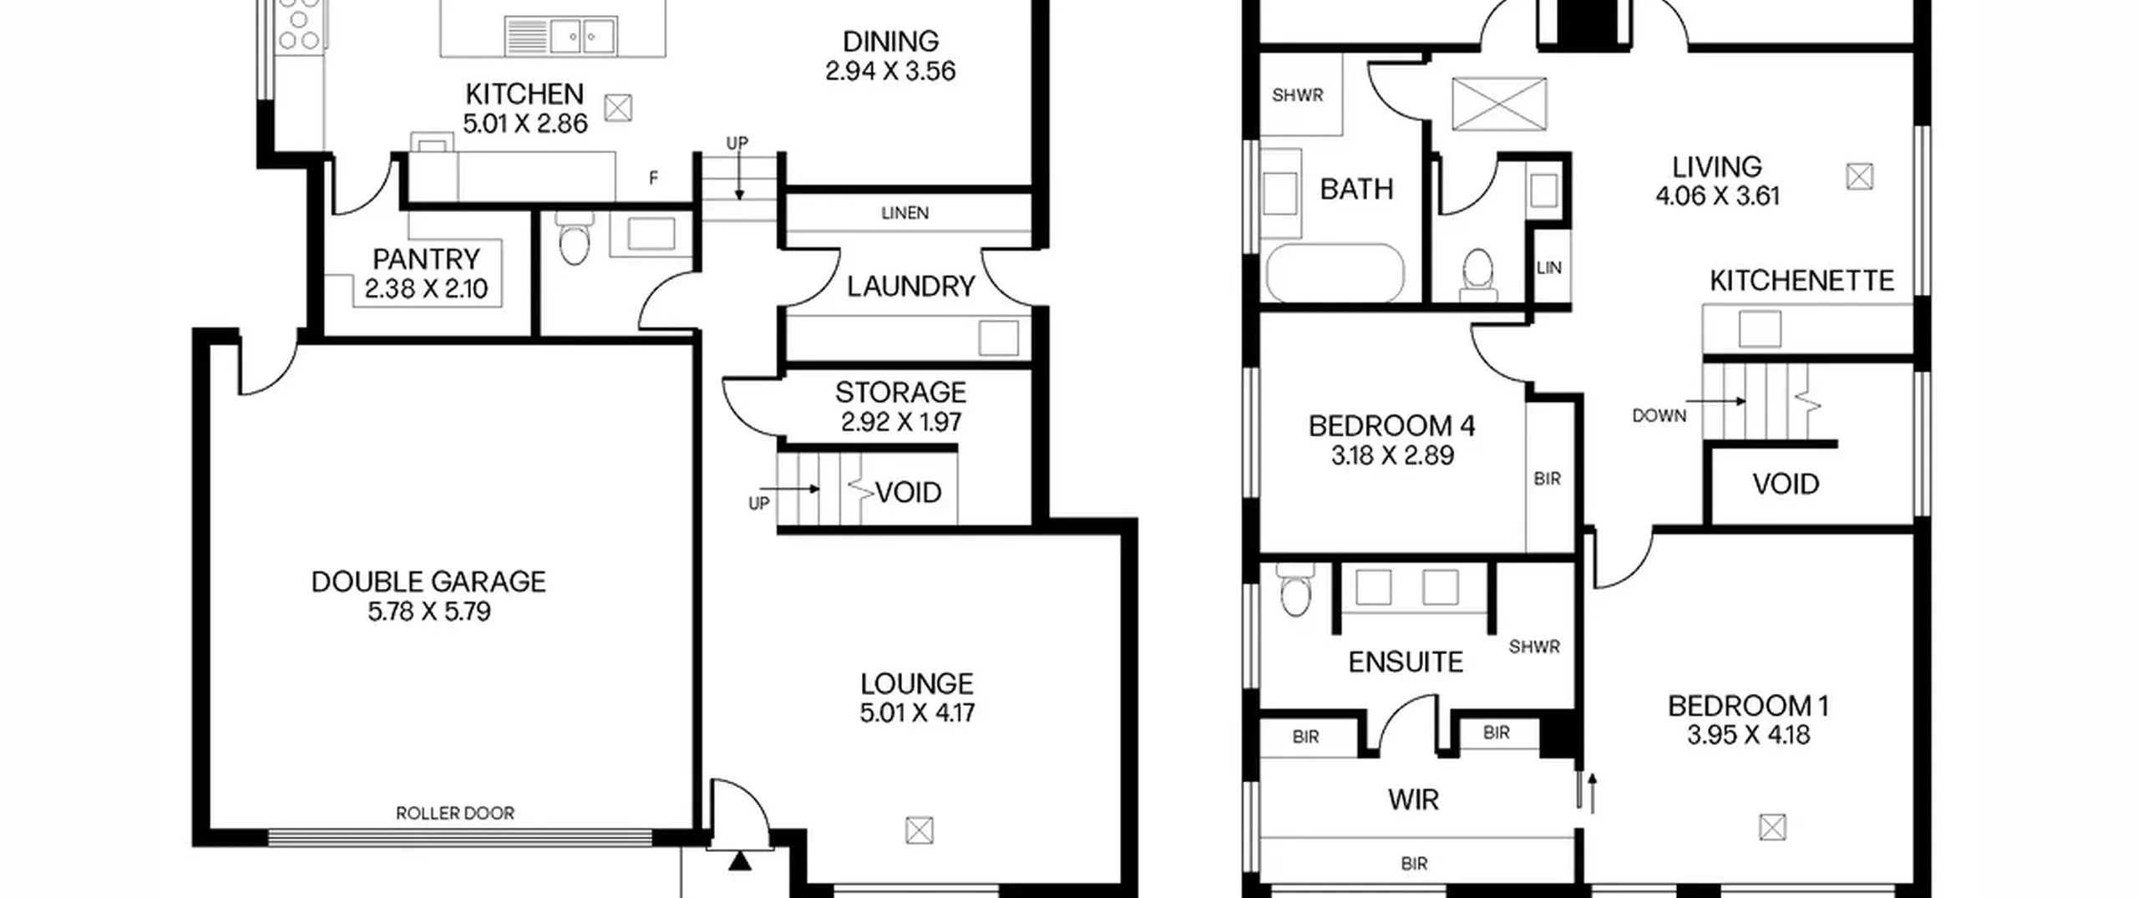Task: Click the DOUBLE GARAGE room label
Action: pyautogui.click(x=428, y=581)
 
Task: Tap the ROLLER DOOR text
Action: pyautogui.click(x=455, y=813)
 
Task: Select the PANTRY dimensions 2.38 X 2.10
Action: pyautogui.click(x=426, y=289)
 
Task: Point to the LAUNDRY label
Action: pyautogui.click(x=910, y=287)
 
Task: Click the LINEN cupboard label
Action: pyautogui.click(x=904, y=213)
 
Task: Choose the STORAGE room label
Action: pyautogui.click(x=900, y=392)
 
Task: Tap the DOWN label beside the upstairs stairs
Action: pyautogui.click(x=1659, y=415)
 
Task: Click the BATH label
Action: pyautogui.click(x=1356, y=190)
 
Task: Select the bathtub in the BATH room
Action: pyautogui.click(x=1335, y=272)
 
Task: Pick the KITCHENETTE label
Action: pyautogui.click(x=1801, y=281)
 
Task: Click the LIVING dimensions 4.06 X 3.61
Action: pyautogui.click(x=1717, y=196)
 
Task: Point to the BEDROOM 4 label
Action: pyautogui.click(x=1391, y=426)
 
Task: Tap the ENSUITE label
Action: pyautogui.click(x=1406, y=662)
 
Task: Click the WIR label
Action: pyautogui.click(x=1413, y=800)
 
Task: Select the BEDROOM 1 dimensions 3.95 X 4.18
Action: pyautogui.click(x=1748, y=735)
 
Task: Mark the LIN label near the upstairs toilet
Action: pyautogui.click(x=1548, y=268)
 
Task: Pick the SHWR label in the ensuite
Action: pyautogui.click(x=1534, y=647)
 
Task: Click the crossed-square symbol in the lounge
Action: pyautogui.click(x=919, y=830)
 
